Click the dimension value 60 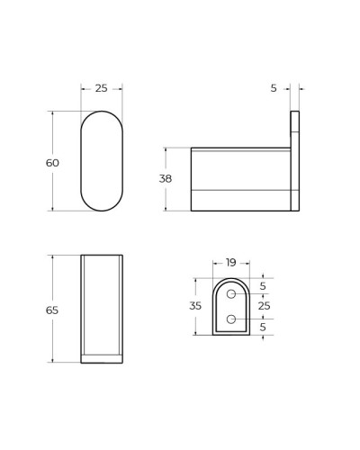52,163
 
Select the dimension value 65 52,310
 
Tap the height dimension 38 165,179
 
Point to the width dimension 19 230,263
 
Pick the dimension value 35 195,306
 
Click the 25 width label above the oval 101,88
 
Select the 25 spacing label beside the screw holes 264,306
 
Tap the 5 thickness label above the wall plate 274,88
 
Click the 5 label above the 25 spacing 263,286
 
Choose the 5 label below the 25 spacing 263,327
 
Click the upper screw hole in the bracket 231,293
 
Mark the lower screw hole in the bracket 231,319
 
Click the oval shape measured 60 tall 102,161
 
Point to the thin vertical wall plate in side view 294,160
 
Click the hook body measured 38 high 240,179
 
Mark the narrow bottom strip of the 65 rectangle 102,358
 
